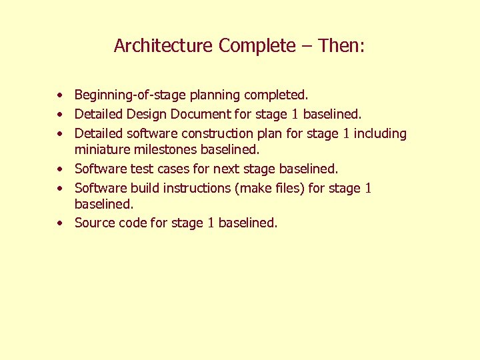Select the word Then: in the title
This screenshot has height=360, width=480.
[341, 46]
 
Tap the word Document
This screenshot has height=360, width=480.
[196, 115]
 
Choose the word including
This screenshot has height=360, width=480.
[380, 133]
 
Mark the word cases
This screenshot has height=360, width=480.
[172, 169]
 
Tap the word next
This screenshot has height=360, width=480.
[225, 169]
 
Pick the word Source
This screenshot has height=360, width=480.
[95, 223]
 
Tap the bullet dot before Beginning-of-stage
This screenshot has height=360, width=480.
[60, 96]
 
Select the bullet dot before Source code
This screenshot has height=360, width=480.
[60, 223]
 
